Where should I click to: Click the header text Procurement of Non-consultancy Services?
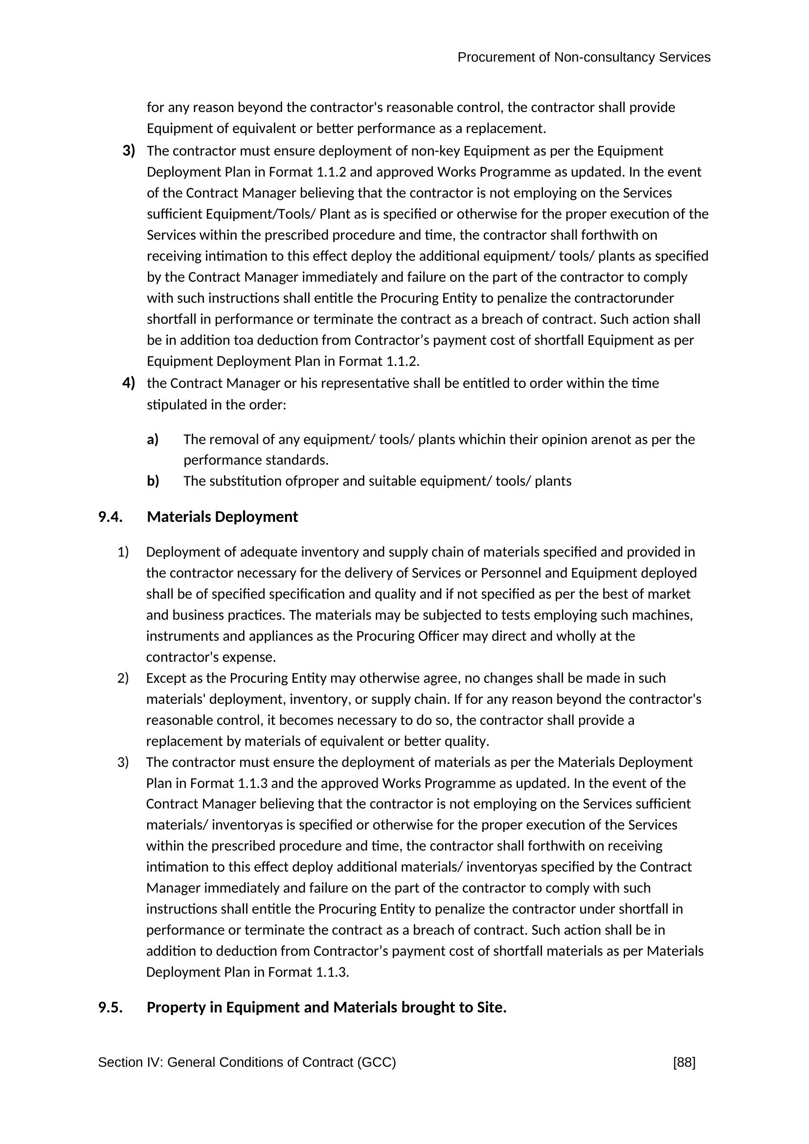point(584,58)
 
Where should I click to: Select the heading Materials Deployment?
point(222,516)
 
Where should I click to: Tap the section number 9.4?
point(111,516)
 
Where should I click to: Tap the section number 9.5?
point(111,1008)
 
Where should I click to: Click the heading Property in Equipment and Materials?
point(326,1008)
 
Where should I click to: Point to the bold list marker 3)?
point(129,151)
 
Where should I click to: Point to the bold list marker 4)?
point(129,382)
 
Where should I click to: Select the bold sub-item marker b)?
point(153,481)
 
